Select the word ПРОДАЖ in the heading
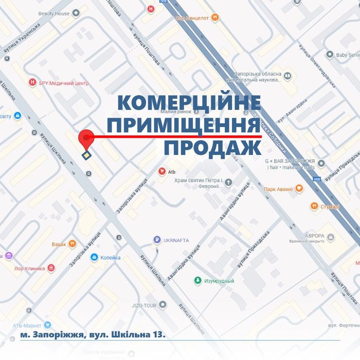212,148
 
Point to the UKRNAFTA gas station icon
156,239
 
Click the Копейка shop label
110,258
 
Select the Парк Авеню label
278,189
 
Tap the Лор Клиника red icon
51,268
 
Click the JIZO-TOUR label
143,305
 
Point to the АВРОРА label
314,236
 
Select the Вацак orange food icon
73,244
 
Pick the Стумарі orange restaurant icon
314,206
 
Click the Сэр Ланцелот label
192,17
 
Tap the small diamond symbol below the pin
87,155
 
